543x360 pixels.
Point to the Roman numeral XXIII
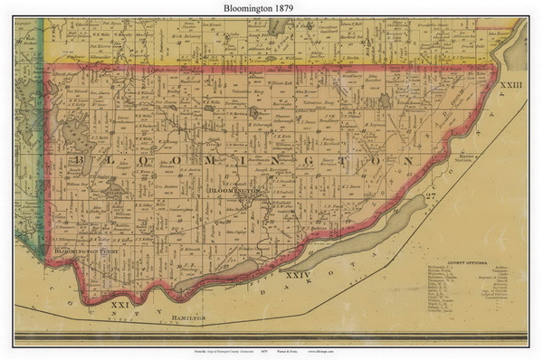coord(510,83)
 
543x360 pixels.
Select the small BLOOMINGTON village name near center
coord(233,193)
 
